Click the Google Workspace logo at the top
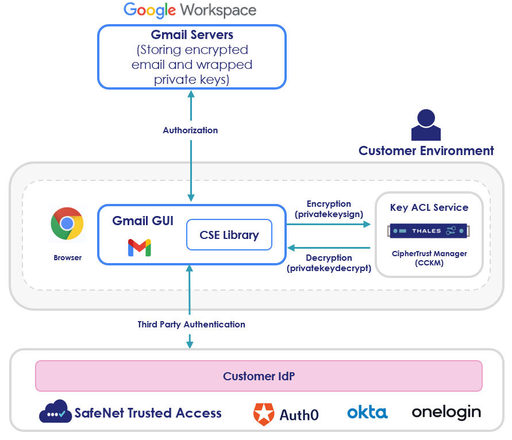click(190, 10)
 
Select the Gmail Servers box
click(191, 57)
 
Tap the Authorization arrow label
click(190, 130)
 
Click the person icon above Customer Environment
click(426, 125)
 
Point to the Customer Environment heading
click(426, 151)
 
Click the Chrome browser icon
click(67, 224)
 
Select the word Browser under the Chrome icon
click(68, 258)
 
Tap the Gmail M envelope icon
click(139, 248)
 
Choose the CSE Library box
click(229, 235)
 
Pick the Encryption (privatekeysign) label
click(329, 209)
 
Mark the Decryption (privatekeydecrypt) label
click(329, 263)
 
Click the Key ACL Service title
click(429, 207)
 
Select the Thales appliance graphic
click(429, 231)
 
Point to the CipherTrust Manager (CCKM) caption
click(429, 258)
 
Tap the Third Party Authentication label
click(191, 325)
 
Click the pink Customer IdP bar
click(259, 376)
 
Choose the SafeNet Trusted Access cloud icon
click(55, 412)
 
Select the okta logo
click(367, 412)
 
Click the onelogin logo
click(446, 412)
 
